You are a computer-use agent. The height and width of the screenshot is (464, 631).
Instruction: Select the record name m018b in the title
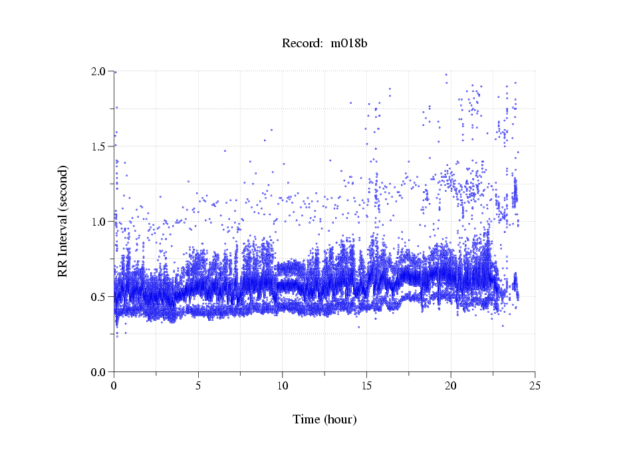click(348, 43)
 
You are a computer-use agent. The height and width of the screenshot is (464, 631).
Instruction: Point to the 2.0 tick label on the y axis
click(99, 71)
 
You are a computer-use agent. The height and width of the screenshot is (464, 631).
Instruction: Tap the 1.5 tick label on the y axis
click(99, 146)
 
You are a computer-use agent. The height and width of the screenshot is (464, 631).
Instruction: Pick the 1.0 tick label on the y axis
click(99, 222)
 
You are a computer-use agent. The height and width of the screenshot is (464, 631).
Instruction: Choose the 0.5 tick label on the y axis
click(99, 297)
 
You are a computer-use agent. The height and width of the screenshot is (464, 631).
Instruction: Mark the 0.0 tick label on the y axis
click(99, 372)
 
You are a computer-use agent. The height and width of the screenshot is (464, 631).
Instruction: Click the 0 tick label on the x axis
click(114, 386)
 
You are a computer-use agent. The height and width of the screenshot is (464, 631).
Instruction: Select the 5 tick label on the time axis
click(198, 386)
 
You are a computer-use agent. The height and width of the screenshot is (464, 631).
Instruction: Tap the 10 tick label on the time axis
click(283, 386)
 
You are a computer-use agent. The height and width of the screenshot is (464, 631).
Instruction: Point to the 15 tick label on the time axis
click(366, 386)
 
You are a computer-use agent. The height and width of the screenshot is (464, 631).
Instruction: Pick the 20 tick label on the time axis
click(451, 386)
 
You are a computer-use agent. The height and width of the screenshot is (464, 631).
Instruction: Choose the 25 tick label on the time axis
click(535, 386)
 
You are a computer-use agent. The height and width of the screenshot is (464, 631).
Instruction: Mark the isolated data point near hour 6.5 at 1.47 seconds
click(225, 151)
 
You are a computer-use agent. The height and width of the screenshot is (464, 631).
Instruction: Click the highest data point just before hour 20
click(445, 75)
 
